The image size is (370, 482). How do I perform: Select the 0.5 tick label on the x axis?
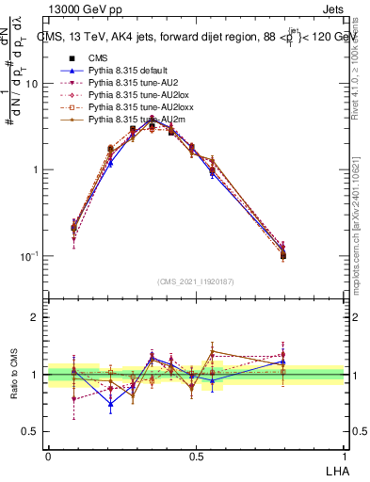pyautogui.click(x=196, y=455)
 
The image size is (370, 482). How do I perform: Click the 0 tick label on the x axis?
pyautogui.click(x=48, y=455)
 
